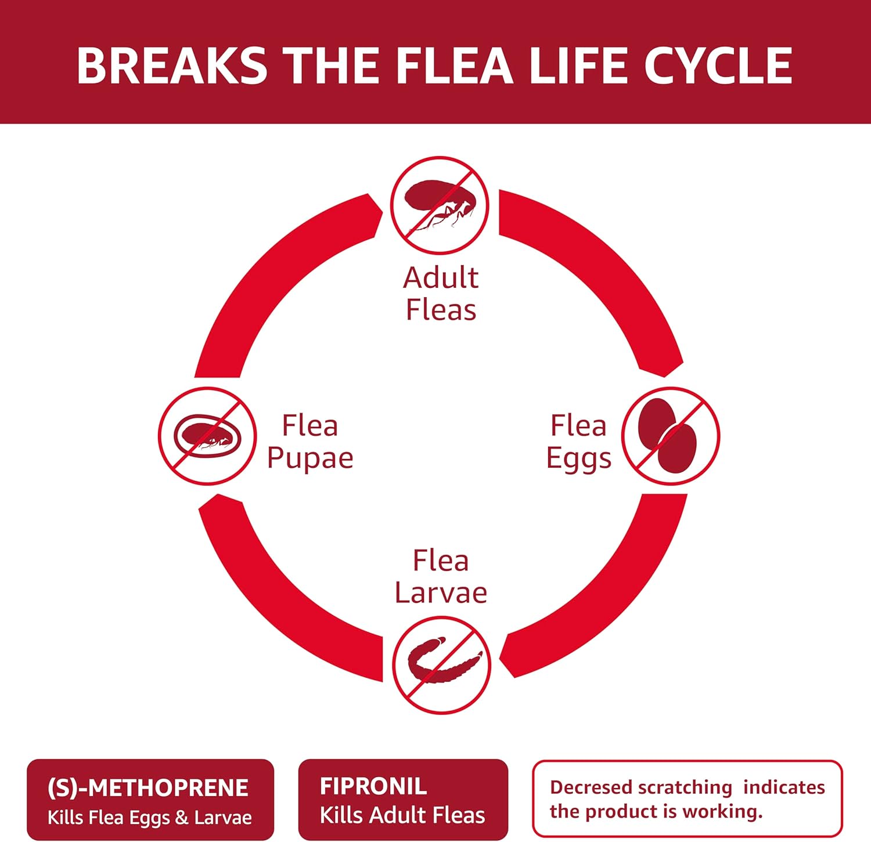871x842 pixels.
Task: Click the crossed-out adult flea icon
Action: (x=439, y=205)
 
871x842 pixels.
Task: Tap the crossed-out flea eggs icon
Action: (x=671, y=436)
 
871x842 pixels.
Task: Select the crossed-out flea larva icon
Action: (x=441, y=664)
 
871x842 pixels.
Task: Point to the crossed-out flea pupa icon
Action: (x=207, y=436)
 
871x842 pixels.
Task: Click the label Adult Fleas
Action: (x=441, y=294)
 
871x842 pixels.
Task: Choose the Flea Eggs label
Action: (x=578, y=442)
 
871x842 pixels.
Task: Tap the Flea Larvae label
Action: (x=441, y=576)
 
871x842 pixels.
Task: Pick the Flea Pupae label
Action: (x=310, y=442)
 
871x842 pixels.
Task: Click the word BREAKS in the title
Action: (x=172, y=65)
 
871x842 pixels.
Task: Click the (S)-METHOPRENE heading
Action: (x=147, y=787)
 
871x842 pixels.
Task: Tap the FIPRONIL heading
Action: (x=373, y=786)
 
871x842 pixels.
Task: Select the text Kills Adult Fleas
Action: (x=402, y=815)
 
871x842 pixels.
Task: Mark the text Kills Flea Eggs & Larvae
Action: (x=150, y=817)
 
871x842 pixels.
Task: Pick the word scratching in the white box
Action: (x=685, y=787)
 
